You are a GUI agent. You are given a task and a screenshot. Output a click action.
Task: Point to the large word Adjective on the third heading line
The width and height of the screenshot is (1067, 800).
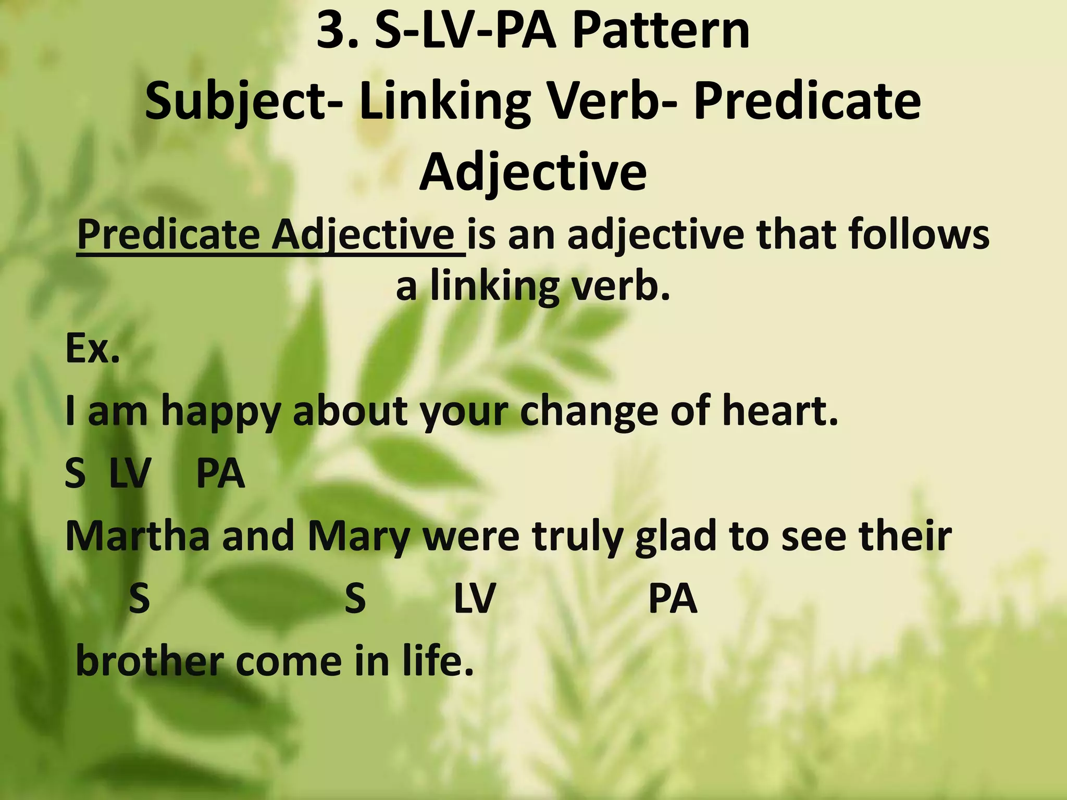[x=533, y=172]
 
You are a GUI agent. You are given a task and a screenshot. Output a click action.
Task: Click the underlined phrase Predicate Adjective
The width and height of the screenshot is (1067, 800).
[x=271, y=235]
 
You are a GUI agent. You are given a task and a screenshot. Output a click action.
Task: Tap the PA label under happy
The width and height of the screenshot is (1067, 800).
[x=220, y=474]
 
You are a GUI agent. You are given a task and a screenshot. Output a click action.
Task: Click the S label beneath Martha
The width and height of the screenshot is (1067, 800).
[x=139, y=599]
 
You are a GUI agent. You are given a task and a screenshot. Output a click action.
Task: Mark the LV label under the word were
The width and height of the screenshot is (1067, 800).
[x=474, y=599]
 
